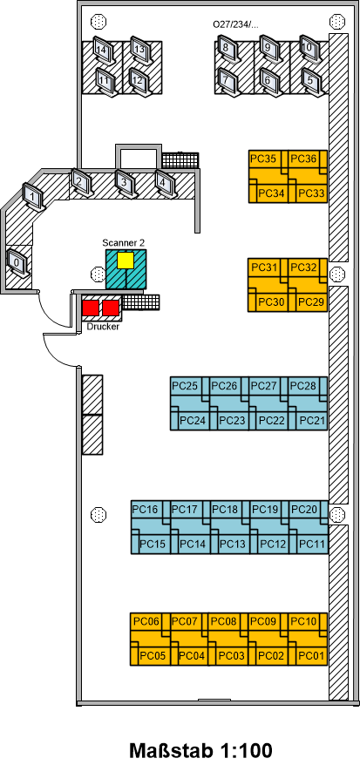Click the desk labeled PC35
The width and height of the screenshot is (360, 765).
(268, 164)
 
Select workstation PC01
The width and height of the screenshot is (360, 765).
(308, 652)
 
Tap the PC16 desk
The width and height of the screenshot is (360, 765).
(150, 514)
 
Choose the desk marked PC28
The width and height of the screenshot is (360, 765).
(308, 390)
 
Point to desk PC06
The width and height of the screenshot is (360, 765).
(150, 626)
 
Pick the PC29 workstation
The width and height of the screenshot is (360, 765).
(308, 298)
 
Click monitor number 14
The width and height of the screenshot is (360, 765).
(102, 51)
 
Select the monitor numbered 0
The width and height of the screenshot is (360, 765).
(17, 263)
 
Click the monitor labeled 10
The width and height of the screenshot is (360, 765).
(308, 48)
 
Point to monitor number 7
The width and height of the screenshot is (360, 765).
(227, 79)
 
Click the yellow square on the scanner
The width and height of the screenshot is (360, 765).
(126, 260)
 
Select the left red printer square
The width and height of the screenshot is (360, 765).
(91, 308)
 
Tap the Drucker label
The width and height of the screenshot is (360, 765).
(103, 327)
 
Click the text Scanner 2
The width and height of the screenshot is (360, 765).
(124, 242)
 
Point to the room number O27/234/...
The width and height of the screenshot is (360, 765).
(235, 24)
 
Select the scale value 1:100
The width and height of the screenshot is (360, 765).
(246, 750)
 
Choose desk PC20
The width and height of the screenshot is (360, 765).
(308, 514)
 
